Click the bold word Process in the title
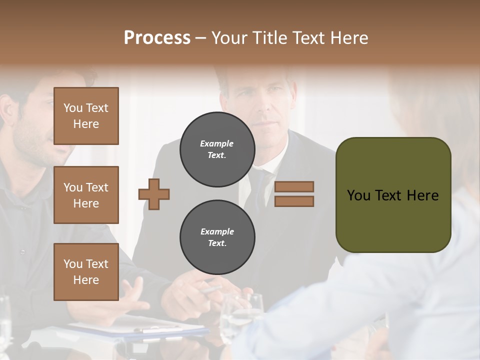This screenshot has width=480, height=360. point(157,37)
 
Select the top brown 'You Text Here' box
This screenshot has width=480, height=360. point(86,116)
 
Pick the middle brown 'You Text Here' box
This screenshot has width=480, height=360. point(86,195)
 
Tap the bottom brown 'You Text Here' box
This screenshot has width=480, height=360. point(86,272)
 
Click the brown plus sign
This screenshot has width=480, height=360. point(154,194)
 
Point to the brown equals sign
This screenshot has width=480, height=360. point(294,194)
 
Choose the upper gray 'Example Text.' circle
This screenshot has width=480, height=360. point(217,149)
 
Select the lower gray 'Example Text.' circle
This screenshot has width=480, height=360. point(217,237)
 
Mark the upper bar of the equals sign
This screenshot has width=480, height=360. point(294,186)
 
